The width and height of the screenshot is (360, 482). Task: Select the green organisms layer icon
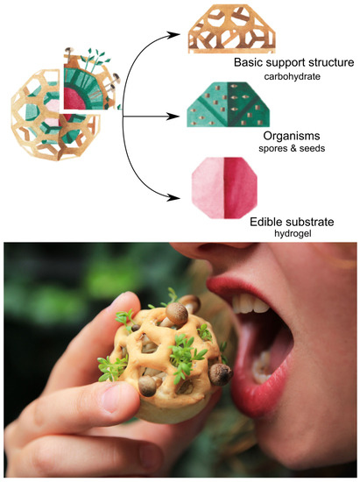(x=228, y=105)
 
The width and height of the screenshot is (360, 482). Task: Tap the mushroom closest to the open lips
(x=221, y=374)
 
